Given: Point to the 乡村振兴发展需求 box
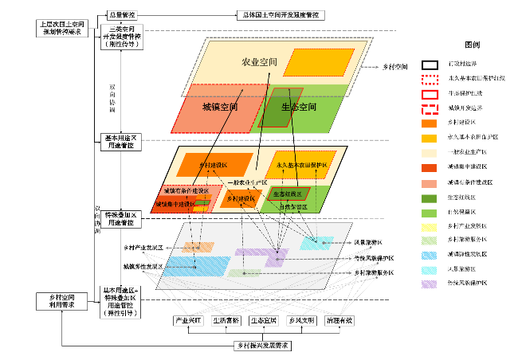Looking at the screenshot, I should (262, 346).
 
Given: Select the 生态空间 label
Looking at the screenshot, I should (299, 106).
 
